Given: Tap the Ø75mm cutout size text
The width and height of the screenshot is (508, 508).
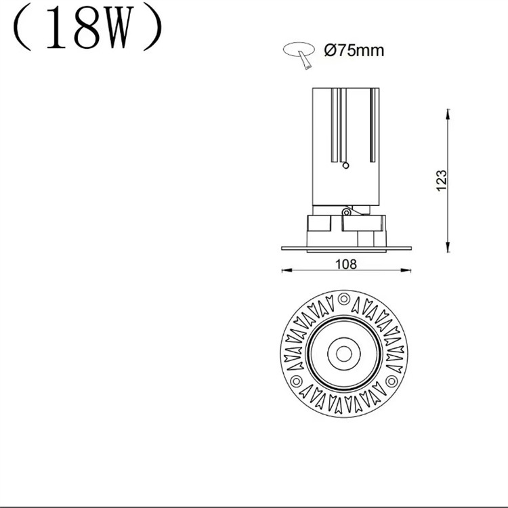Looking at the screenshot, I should (x=354, y=50).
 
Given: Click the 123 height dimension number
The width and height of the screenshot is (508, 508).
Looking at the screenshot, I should (x=441, y=180).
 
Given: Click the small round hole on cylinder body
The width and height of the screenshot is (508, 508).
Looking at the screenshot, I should (x=346, y=164).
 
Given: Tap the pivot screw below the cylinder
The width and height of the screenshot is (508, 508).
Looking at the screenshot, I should (x=346, y=212).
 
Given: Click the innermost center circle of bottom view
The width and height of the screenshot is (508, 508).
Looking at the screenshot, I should (x=343, y=353).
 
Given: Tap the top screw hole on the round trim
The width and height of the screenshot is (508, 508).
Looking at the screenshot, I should (x=343, y=298).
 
